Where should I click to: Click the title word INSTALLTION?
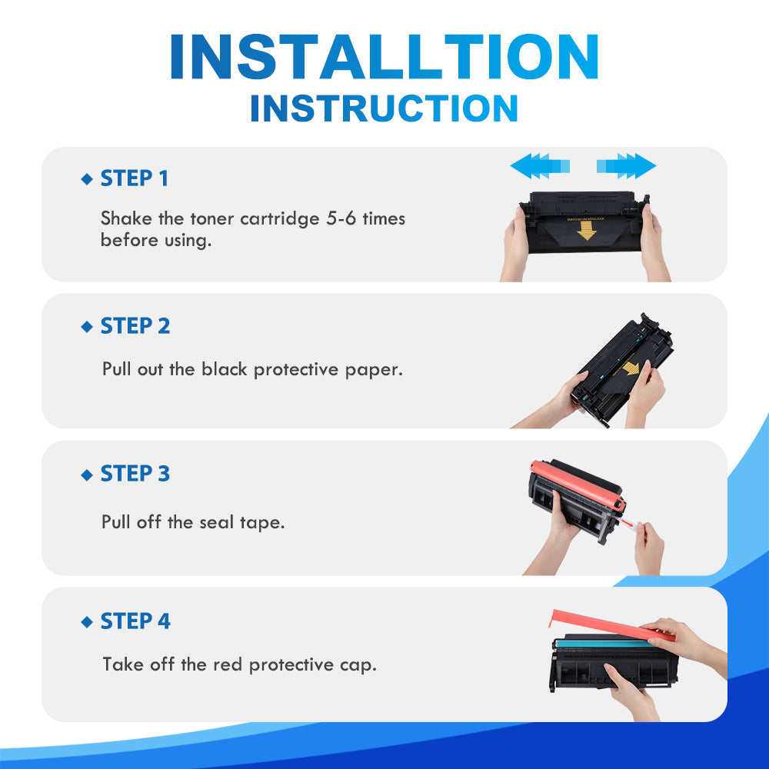point(384,57)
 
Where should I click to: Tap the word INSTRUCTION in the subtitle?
point(384,108)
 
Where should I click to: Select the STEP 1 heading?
point(135,178)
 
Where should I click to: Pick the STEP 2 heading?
point(135,325)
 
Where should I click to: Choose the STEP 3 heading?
point(135,473)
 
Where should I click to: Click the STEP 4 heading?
point(135,621)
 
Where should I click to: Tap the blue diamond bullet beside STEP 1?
point(87,179)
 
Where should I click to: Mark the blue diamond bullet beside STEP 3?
point(87,474)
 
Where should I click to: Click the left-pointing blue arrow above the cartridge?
point(540,166)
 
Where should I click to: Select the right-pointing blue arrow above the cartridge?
point(626,166)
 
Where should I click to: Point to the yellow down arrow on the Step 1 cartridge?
point(586,230)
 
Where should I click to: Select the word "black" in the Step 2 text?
point(224,369)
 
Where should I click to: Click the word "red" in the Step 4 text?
point(228,664)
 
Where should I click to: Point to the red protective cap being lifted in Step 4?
point(611,626)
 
